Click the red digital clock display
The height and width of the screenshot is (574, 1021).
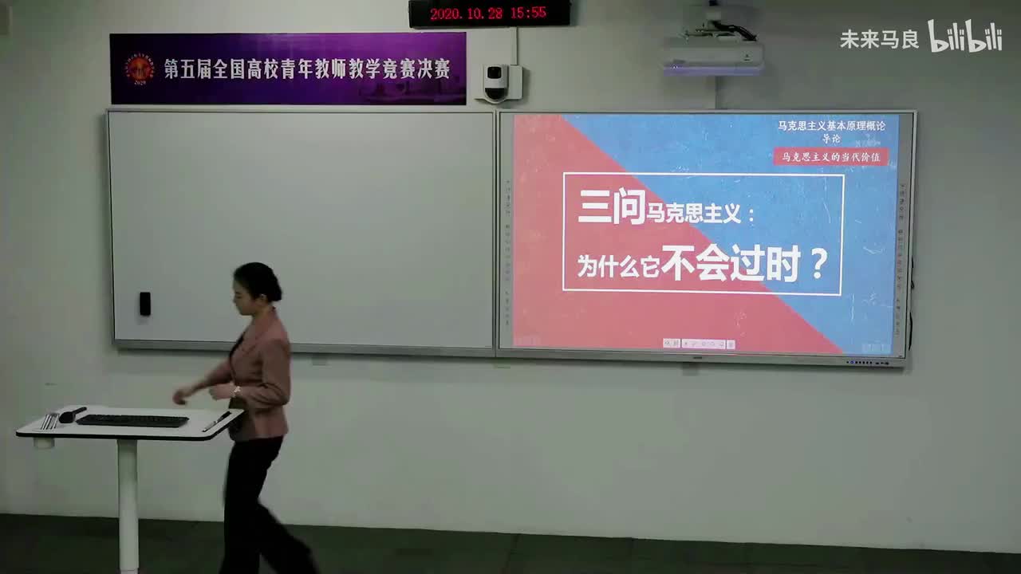[489, 13]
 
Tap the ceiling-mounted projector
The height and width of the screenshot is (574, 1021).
[712, 52]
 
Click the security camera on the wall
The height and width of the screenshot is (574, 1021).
[497, 81]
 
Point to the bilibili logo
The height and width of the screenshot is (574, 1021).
[964, 37]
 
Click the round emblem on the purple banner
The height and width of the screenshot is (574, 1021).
[140, 69]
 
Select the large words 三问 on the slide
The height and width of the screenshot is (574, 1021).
[610, 207]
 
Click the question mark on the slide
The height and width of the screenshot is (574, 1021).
[818, 263]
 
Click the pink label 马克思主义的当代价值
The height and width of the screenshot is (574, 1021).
[830, 156]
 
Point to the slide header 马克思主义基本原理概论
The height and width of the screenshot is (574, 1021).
[831, 125]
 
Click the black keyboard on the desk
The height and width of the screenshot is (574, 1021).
[132, 420]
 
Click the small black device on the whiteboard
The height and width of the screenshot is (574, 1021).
[144, 303]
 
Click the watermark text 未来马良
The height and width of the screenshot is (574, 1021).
[879, 39]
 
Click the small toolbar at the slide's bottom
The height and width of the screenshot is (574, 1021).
[699, 344]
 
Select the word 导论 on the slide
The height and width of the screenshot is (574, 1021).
[831, 139]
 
